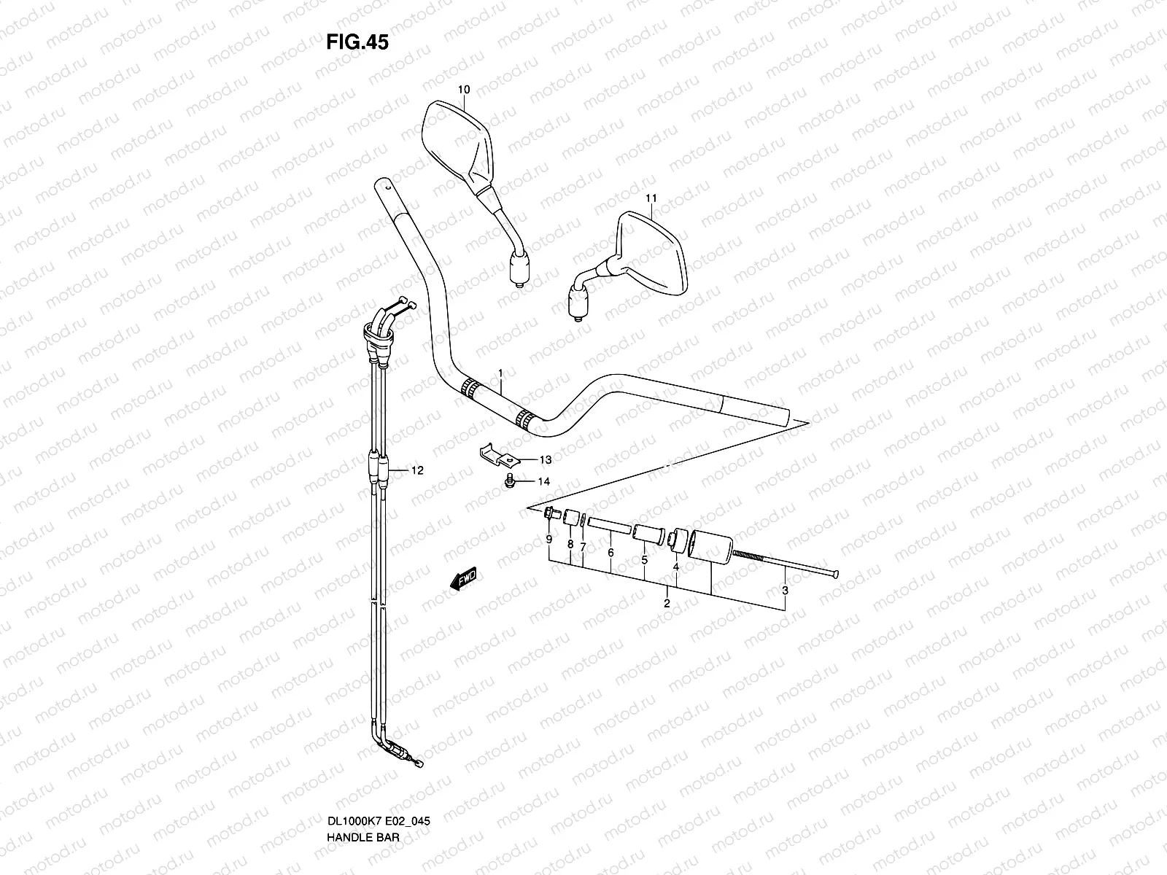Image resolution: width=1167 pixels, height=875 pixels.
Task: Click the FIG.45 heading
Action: [x=357, y=42]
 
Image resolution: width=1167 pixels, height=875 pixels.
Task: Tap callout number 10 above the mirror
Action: [x=464, y=90]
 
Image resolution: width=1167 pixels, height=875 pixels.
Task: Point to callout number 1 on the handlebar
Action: [x=501, y=374]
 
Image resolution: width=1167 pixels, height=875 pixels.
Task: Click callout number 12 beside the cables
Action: [x=416, y=471]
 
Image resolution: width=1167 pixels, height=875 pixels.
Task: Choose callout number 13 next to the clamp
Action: [x=546, y=460]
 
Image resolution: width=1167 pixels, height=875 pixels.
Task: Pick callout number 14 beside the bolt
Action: [x=544, y=481]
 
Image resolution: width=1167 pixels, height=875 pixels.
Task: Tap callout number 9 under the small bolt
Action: [x=549, y=540]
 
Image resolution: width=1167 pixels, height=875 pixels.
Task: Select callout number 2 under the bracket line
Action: [x=667, y=603]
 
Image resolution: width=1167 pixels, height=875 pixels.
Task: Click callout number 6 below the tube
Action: [x=610, y=552]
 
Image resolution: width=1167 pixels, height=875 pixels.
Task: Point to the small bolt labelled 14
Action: [x=510, y=481]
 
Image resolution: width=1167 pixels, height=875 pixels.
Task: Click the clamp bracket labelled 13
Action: [x=498, y=455]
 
